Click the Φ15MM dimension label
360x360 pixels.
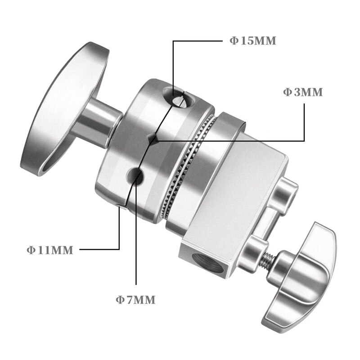[x=252, y=41]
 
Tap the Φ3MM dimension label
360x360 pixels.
[x=303, y=92]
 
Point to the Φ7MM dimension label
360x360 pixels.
[x=135, y=300]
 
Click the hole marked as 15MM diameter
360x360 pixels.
[x=180, y=97]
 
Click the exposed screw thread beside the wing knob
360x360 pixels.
[x=268, y=261]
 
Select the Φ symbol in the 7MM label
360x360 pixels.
[x=120, y=300]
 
